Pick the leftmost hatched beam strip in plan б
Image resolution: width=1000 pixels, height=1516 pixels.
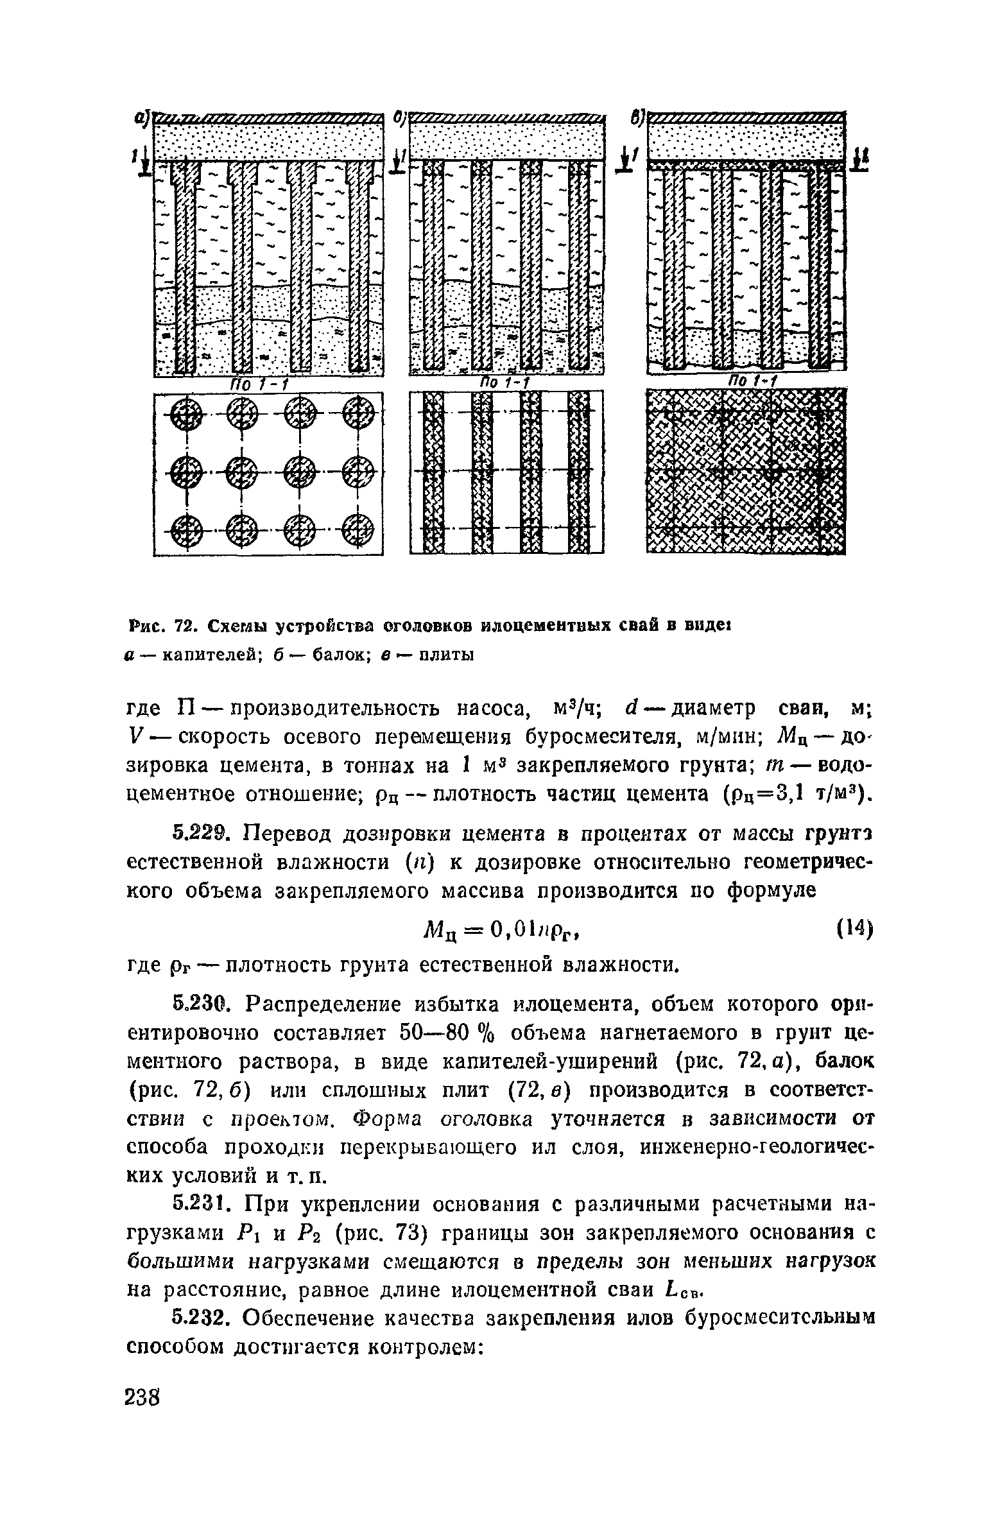434,472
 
